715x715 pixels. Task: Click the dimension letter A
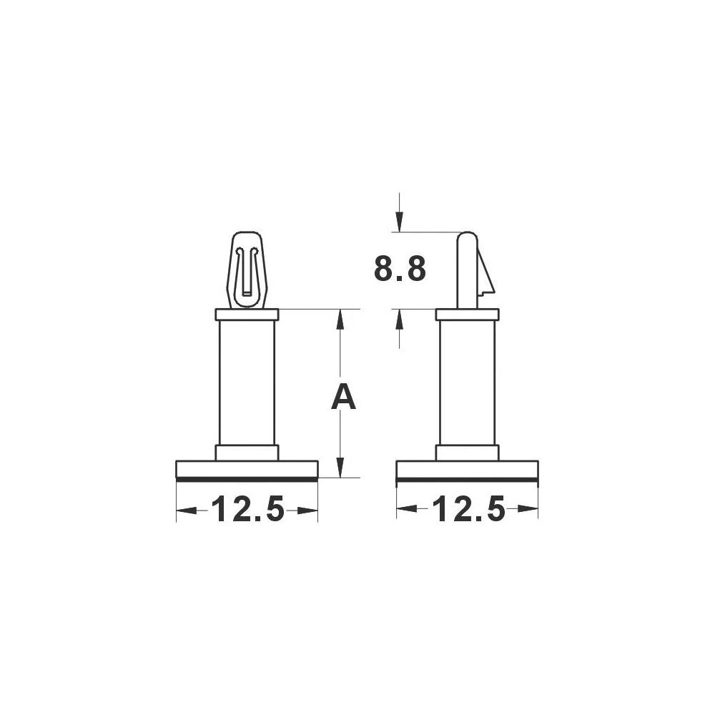pyautogui.click(x=343, y=397)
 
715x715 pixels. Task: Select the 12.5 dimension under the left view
pyautogui.click(x=247, y=510)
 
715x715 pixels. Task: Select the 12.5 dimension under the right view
pyautogui.click(x=467, y=510)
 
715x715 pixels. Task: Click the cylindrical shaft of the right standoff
pyautogui.click(x=467, y=383)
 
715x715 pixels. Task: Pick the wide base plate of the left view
pyautogui.click(x=247, y=470)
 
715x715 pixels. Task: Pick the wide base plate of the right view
pyautogui.click(x=467, y=470)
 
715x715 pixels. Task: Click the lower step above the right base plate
pyautogui.click(x=467, y=452)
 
